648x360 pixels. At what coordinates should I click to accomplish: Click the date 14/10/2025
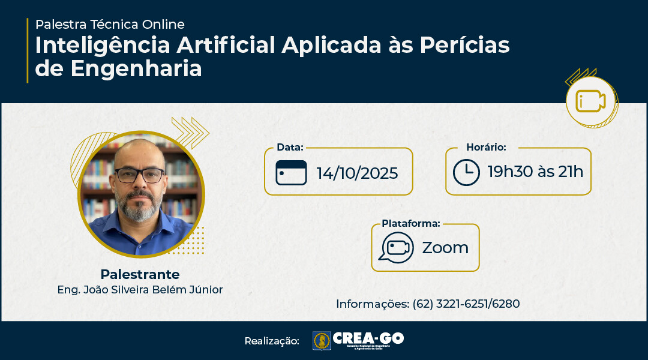tap(357, 173)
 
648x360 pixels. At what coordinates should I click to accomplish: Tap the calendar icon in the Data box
tap(291, 173)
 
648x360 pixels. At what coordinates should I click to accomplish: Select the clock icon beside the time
tap(466, 172)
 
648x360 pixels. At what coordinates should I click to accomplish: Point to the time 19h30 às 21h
tap(535, 172)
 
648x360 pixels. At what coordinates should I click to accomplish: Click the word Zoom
tap(445, 248)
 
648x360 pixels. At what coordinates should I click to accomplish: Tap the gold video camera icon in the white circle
tap(591, 101)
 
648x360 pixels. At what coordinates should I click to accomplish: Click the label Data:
tap(290, 148)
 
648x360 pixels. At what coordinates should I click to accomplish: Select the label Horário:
tap(486, 148)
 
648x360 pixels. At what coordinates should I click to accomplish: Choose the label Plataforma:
tap(411, 224)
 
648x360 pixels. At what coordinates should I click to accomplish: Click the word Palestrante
tap(140, 275)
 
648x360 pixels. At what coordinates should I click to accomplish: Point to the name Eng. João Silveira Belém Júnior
tap(140, 290)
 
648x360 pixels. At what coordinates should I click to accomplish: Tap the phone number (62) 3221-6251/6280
tap(466, 304)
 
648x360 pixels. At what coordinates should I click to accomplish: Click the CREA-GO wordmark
tap(368, 338)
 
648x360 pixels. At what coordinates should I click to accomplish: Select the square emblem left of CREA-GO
tap(322, 341)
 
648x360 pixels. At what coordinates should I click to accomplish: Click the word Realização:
tap(271, 341)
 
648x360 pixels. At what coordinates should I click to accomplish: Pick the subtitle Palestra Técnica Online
tap(110, 25)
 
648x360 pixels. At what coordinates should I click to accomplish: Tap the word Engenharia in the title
tap(136, 68)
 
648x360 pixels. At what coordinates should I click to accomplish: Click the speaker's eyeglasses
tap(140, 175)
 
